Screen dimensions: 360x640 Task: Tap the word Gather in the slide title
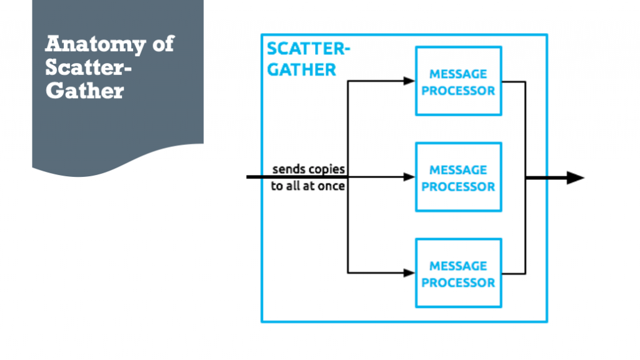point(84,91)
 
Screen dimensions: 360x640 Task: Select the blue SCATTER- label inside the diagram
point(308,49)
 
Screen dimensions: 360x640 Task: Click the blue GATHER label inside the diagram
point(301,69)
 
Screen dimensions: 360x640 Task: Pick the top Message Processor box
point(458,81)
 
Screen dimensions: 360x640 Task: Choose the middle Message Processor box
point(458,177)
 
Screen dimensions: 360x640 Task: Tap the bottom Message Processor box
point(458,273)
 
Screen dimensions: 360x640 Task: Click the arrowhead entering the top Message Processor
point(409,81)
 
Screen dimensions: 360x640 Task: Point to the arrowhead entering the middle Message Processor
point(409,177)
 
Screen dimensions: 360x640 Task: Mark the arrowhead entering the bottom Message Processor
point(409,272)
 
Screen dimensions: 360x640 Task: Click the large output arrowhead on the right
point(574,178)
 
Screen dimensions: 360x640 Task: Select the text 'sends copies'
point(308,169)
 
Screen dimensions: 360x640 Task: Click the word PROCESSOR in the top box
point(458,91)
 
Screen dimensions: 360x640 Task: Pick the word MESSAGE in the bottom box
point(458,266)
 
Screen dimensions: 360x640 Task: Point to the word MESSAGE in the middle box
point(458,170)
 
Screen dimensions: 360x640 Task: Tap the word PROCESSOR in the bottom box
point(458,282)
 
